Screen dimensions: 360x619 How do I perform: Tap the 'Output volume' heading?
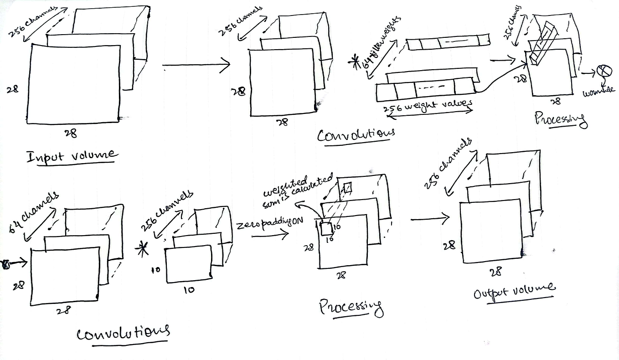coord(514,291)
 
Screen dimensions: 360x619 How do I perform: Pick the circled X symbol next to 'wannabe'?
coord(604,71)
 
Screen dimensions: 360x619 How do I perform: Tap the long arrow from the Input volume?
coord(196,65)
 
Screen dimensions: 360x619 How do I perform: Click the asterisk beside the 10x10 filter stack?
coord(144,249)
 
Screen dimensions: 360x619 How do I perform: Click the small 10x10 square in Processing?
coord(327,228)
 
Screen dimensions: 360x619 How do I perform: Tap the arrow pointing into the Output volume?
coord(429,219)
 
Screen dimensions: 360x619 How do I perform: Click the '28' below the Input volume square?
coord(71,133)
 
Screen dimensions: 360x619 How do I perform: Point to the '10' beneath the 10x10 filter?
coord(188,289)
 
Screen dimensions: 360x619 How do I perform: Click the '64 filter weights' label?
coord(382,42)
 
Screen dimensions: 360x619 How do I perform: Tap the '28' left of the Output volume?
coord(449,246)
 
